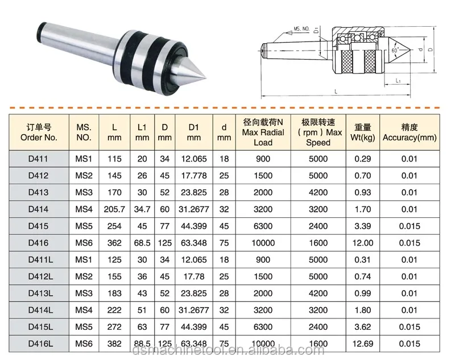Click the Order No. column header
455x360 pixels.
pyautogui.click(x=39, y=133)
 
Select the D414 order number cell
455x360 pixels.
pyautogui.click(x=38, y=209)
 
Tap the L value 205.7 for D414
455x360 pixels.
pyautogui.click(x=114, y=209)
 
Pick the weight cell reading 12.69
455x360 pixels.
pyautogui.click(x=363, y=344)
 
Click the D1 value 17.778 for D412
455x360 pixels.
pyautogui.click(x=194, y=176)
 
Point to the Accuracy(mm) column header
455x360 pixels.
pyautogui.click(x=409, y=133)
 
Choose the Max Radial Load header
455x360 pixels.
pyautogui.click(x=263, y=133)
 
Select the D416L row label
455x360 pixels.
pyautogui.click(x=40, y=344)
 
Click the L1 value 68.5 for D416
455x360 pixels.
pyautogui.click(x=142, y=243)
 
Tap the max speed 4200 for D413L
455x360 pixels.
pyautogui.click(x=318, y=293)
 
